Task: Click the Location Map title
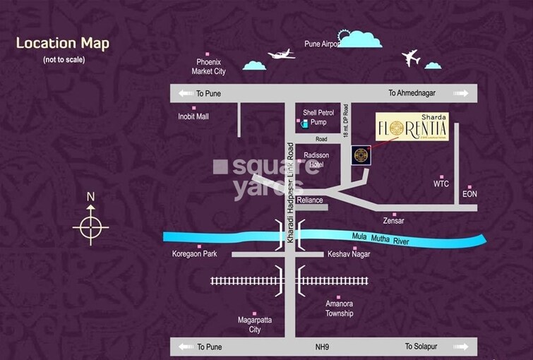[x=63, y=44]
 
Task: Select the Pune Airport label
[x=322, y=44]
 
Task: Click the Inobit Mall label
[x=193, y=116]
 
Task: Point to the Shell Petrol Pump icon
[x=304, y=124]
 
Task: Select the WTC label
[x=441, y=184]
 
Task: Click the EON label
[x=469, y=193]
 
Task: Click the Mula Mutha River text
[x=381, y=238]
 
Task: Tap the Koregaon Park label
[x=195, y=253]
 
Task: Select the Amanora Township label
[x=339, y=308]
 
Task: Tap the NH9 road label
[x=325, y=347]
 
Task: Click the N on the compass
[x=90, y=197]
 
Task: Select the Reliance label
[x=310, y=200]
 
